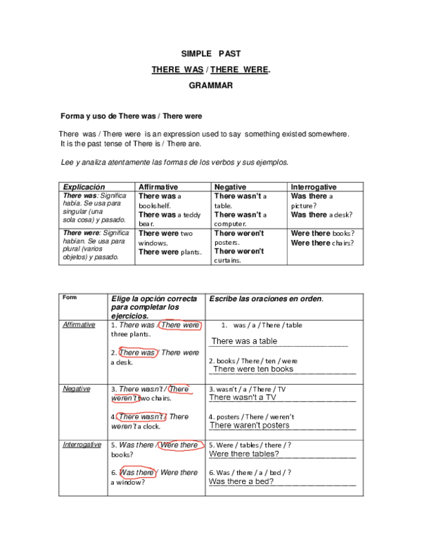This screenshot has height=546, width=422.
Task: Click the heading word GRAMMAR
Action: [x=211, y=85]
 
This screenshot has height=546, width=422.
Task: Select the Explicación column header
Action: [x=84, y=187]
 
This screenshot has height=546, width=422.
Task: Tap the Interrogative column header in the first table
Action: [x=313, y=187]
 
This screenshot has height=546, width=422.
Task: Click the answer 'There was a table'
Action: [x=244, y=341]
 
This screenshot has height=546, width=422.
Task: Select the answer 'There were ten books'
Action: [x=253, y=369]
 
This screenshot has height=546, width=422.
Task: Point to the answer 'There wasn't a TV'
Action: [x=243, y=398]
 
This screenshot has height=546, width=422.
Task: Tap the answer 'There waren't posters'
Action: [x=250, y=425]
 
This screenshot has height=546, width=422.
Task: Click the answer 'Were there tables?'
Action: [x=243, y=454]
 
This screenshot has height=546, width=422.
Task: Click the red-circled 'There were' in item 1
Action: [x=180, y=325]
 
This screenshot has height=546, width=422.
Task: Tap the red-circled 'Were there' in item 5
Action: [x=179, y=445]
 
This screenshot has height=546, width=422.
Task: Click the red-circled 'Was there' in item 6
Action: [x=137, y=473]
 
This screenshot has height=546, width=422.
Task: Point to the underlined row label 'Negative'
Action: [x=76, y=388]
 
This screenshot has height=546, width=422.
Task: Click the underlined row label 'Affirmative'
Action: [x=79, y=325]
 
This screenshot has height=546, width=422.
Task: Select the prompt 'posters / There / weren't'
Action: [x=255, y=416]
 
